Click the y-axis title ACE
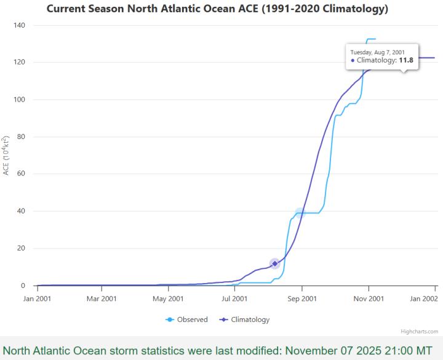6,155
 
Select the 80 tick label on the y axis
20,137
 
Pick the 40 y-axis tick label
20,211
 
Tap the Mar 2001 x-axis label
102,298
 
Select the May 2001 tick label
168,298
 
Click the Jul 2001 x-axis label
234,298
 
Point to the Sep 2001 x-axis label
302,298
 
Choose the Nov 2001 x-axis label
369,298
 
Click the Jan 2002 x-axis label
424,298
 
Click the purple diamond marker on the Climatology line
275,263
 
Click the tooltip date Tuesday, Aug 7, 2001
377,52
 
